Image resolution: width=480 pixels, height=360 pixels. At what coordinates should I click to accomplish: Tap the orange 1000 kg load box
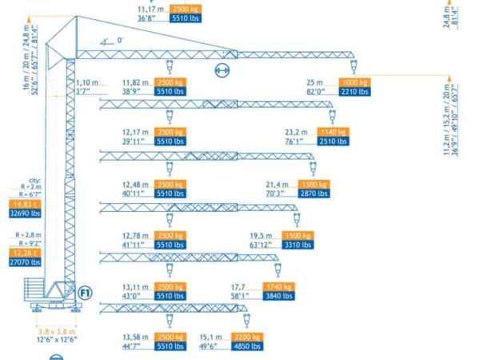point(355,82)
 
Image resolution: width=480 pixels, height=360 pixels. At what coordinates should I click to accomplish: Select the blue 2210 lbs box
point(355,92)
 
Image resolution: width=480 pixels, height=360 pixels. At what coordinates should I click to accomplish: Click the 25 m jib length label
point(314,82)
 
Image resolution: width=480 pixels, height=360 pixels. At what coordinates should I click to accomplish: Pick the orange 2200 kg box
point(247,337)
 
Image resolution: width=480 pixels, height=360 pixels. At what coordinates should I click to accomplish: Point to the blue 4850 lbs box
point(247,346)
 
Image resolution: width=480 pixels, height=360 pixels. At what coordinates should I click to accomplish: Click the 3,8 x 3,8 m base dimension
point(57,330)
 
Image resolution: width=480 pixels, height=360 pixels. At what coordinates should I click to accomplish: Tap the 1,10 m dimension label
point(86,82)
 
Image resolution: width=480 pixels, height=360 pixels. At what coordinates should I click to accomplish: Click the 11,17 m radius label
point(151,9)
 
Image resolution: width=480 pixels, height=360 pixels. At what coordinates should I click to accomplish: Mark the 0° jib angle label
point(121,39)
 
